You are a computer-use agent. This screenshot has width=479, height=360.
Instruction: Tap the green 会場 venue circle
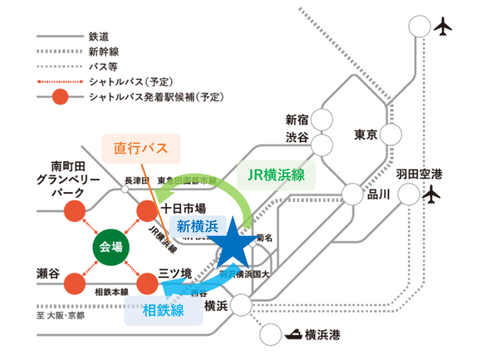(x=111, y=247)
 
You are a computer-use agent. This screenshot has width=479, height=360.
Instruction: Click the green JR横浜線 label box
(x=277, y=175)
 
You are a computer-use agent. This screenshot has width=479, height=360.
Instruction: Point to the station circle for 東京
(x=391, y=135)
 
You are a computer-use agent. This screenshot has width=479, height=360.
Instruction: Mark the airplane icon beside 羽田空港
(x=431, y=194)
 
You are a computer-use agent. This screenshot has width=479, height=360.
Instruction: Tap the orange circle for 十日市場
(x=147, y=211)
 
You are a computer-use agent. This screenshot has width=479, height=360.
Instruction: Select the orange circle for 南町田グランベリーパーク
(x=75, y=211)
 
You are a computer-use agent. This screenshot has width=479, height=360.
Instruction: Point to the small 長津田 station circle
(x=124, y=189)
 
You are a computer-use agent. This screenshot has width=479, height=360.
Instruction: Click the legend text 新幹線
(x=103, y=51)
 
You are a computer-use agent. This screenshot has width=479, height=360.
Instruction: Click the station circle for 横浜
(x=241, y=306)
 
